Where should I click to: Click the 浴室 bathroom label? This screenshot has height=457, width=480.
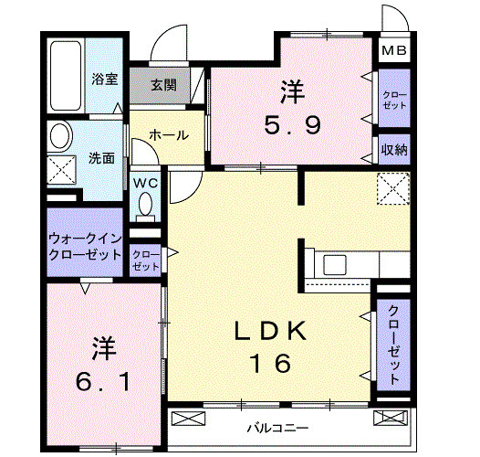point(104,80)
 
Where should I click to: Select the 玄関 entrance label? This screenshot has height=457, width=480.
point(164,86)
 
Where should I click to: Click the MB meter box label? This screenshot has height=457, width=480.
point(394,51)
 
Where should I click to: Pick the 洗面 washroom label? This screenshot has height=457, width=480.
point(101,157)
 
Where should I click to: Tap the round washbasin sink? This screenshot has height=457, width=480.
point(61,137)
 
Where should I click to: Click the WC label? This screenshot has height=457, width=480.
point(145,183)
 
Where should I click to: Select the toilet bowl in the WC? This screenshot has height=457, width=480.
point(145,207)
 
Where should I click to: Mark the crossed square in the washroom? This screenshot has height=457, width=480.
point(62,169)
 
